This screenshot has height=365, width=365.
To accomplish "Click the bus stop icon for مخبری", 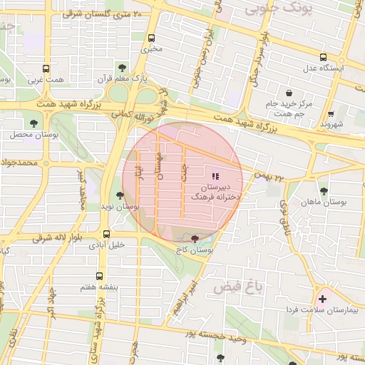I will pos(151,38).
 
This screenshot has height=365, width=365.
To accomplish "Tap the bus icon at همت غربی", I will pos(46,69).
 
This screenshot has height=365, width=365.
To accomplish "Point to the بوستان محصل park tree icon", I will pos(34,125).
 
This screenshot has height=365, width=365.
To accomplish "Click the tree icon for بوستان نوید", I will pos(120,195).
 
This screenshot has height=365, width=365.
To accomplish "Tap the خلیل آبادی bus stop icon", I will pos(106,234).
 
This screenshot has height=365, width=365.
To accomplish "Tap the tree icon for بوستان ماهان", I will pos(324,190).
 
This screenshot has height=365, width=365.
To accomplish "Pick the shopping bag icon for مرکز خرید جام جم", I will pos(289,93).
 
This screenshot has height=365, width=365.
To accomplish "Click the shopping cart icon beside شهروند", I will pos(331,113).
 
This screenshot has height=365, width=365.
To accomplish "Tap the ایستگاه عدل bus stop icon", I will pos(323,57).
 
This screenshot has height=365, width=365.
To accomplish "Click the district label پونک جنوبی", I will pos(270,9).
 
